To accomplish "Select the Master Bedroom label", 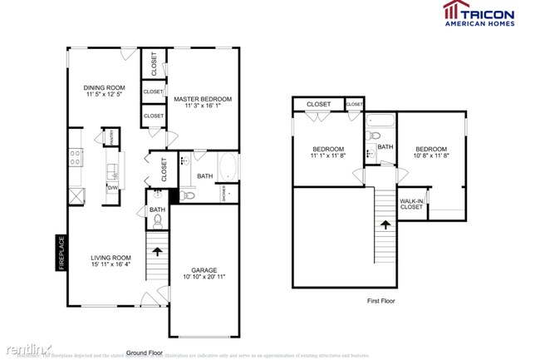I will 203,99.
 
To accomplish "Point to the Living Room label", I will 110,258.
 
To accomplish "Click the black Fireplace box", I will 61,253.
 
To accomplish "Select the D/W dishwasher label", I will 110,188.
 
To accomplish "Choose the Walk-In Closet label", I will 411,204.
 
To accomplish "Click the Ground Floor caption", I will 144,352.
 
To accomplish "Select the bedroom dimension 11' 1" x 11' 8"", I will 327,155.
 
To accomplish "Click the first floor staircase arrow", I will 385,224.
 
